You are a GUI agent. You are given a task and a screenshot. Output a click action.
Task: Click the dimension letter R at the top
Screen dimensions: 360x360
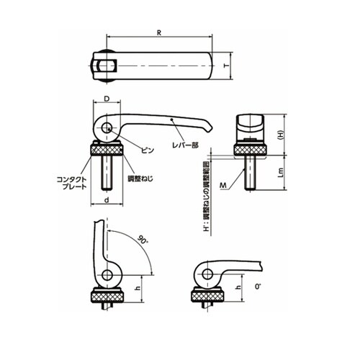point(159,33)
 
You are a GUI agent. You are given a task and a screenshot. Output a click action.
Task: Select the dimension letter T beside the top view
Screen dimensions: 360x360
point(225,66)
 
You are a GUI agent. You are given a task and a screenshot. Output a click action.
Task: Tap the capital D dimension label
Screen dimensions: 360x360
point(107,99)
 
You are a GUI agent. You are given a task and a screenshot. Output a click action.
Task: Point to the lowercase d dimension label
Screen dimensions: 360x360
point(107,200)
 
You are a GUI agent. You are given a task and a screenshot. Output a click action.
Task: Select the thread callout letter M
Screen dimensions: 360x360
point(223,185)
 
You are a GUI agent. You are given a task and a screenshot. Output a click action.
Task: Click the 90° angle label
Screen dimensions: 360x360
point(143,240)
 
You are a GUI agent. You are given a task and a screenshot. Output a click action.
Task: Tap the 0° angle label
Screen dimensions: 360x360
point(258,287)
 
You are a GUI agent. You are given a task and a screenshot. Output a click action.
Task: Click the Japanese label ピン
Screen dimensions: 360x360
point(147,150)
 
